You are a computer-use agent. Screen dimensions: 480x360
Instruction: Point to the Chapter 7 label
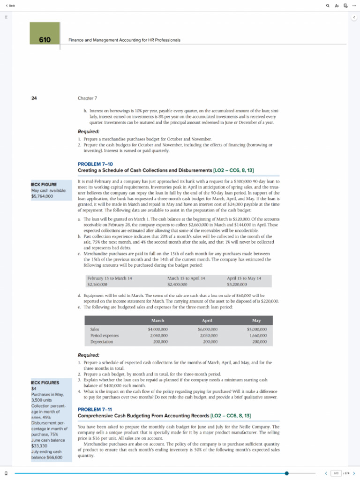click(87, 98)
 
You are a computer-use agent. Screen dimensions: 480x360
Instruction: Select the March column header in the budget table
click(158, 320)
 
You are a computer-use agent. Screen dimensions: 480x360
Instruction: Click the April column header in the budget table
click(207, 320)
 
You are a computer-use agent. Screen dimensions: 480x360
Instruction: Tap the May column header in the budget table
click(256, 320)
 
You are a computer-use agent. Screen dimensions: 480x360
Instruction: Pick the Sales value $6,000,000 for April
click(207, 330)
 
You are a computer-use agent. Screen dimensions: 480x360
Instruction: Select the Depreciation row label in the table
click(102, 342)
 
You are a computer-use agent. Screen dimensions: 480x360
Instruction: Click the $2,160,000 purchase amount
click(97, 284)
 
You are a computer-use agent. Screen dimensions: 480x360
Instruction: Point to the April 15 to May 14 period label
click(244, 278)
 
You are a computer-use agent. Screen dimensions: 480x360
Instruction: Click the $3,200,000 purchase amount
click(237, 284)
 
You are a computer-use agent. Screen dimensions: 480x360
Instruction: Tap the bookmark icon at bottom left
click(6, 473)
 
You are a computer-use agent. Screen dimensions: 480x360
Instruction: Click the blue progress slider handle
click(286, 473)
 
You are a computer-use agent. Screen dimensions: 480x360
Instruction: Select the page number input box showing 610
click(336, 473)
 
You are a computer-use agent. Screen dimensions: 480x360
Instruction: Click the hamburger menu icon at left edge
click(6, 17)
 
